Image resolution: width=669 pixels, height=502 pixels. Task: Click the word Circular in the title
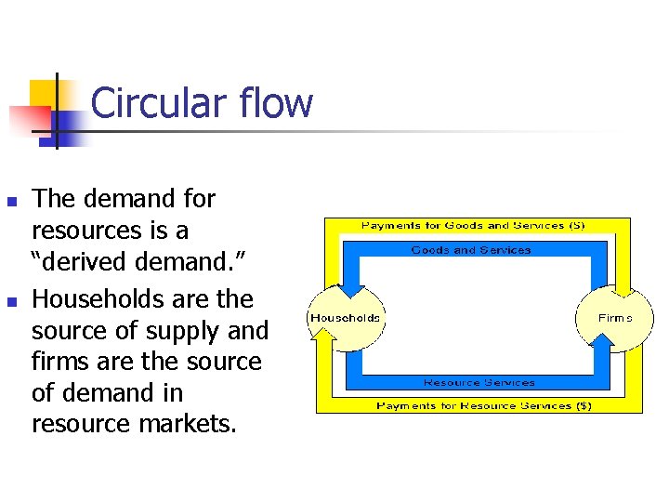click(x=155, y=102)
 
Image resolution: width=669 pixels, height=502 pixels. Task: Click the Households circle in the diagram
click(x=345, y=318)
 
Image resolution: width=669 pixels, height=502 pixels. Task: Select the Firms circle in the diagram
click(x=614, y=318)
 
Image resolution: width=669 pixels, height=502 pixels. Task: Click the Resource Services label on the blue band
click(x=479, y=382)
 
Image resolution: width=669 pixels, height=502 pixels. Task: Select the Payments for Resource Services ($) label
click(x=483, y=405)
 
